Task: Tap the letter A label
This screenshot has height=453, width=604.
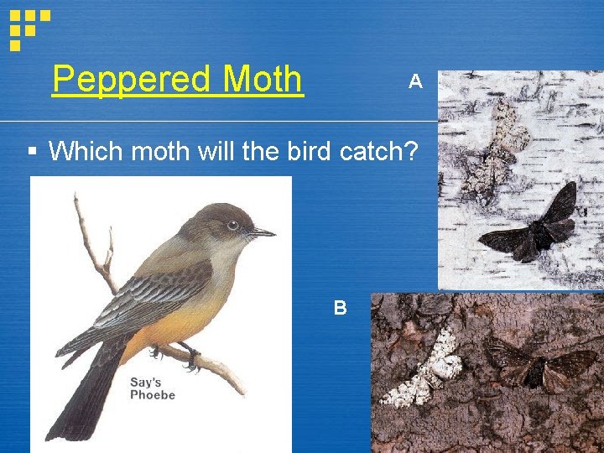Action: (x=414, y=81)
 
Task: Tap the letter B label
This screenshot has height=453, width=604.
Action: (x=340, y=308)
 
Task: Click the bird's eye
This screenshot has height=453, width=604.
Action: (x=233, y=225)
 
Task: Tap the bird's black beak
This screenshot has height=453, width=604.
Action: (x=262, y=232)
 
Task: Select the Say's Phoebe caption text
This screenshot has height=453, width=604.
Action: (x=153, y=388)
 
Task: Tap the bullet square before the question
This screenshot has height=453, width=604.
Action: (x=32, y=152)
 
